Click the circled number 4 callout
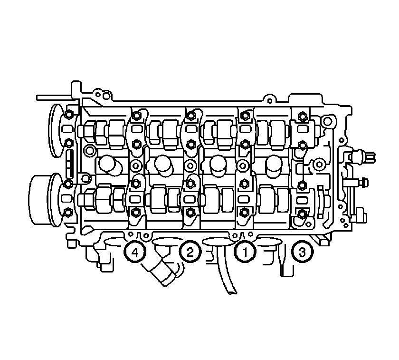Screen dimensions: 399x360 [135, 252]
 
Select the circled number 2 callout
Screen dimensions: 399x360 [190, 252]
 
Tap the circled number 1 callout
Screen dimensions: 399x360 [245, 252]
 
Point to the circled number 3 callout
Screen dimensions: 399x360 [302, 252]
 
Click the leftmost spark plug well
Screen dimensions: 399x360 [107, 164]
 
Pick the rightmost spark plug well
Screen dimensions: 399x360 [274, 164]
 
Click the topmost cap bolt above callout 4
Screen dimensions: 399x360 [136, 116]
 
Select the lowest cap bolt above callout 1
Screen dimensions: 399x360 [244, 212]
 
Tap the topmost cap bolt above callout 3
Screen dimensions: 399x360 [302, 117]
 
